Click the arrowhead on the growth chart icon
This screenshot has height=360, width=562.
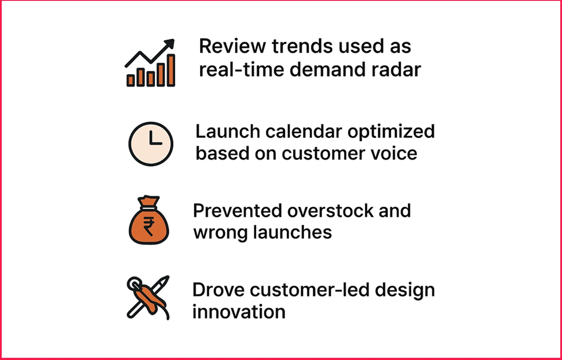tap(169, 44)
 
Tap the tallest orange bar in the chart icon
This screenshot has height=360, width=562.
tap(171, 70)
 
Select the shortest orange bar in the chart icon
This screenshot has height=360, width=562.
tap(131, 80)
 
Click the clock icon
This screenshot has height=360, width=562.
tap(151, 144)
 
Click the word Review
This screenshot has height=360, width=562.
tap(232, 47)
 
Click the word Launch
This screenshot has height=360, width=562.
tap(228, 131)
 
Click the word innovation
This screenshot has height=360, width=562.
tap(239, 312)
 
